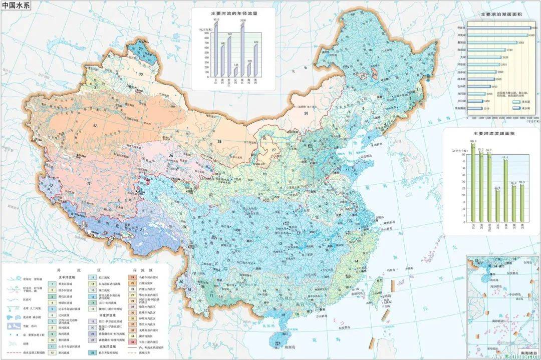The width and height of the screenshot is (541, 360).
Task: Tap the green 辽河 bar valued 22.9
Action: coord(497,206)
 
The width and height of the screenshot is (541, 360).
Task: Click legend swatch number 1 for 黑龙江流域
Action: coord(51,283)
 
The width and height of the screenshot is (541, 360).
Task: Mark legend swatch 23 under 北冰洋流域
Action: coord(94,353)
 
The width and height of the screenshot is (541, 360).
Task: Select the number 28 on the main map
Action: coord(219,142)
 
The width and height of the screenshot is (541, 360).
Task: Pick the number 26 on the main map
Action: coord(305,114)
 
